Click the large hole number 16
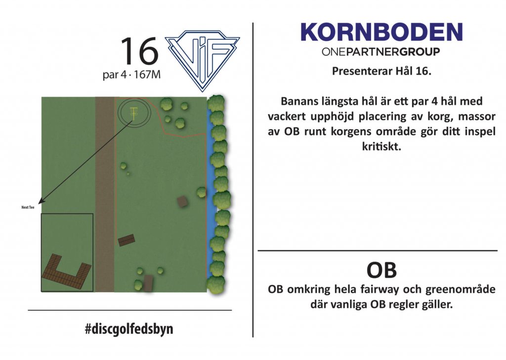click(139, 51)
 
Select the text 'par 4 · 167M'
click(131, 75)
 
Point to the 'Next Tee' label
click(28, 207)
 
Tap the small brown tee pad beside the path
click(126, 240)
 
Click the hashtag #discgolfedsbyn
click(129, 329)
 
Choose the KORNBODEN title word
click(382, 32)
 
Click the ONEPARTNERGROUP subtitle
click(381, 51)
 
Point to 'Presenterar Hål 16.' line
click(382, 71)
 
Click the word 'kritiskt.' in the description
click(381, 146)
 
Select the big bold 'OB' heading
click(381, 270)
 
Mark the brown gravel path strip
click(105, 194)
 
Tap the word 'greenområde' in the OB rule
click(460, 289)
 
